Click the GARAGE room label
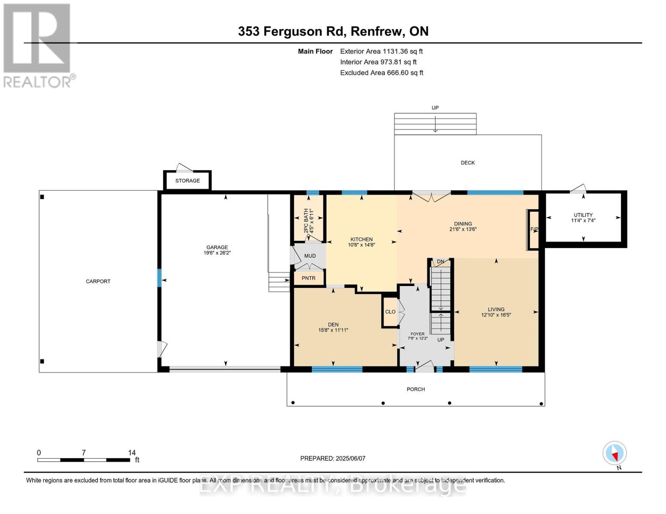pos(217,247)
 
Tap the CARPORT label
pos(98,281)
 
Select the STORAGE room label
pos(187,181)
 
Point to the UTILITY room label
pos(583,215)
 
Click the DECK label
pos(468,163)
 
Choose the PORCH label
pos(416,389)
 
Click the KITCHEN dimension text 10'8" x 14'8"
pos(362,245)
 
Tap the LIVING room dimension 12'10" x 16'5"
pos(496,315)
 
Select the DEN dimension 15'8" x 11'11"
pos(333,330)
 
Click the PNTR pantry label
pos(308,278)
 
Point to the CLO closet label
pos(390,312)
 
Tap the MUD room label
pos(310,256)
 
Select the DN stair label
pos(440,261)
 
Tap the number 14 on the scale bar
pos(132,452)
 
